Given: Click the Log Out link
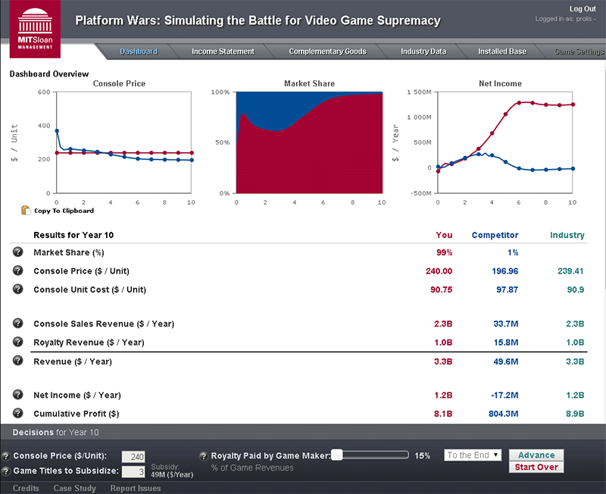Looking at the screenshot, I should [x=582, y=8].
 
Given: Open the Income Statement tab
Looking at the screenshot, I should [x=223, y=52].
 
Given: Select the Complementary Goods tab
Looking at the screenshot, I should [x=327, y=52].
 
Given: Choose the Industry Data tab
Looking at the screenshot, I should [x=423, y=52].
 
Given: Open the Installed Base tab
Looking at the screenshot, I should [x=502, y=52].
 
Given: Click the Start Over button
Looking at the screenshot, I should [x=536, y=467].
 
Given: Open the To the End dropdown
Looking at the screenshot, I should [x=473, y=455].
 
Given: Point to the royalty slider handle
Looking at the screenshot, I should [x=337, y=455].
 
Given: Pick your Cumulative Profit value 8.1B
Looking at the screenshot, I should [x=443, y=414].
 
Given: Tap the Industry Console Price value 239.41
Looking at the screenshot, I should [x=569, y=270].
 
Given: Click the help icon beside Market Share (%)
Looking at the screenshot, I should [x=17, y=252].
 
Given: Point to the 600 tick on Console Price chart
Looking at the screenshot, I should [x=44, y=92].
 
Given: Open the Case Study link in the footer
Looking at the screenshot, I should [x=74, y=488].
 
